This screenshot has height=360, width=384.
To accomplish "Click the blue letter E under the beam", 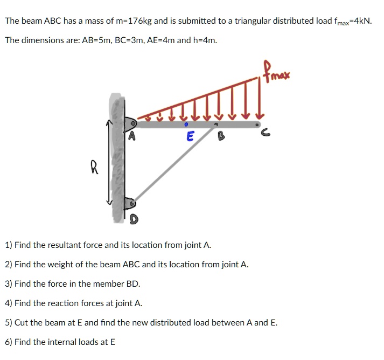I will tap(189, 137).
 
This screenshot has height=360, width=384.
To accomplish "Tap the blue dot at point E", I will tap(186, 124).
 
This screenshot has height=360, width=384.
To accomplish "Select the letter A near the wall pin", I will tap(131, 136).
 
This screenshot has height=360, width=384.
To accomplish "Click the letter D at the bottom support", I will tap(134, 218).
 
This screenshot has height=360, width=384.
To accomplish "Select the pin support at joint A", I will tap(131, 123).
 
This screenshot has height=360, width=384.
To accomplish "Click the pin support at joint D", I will tap(130, 204).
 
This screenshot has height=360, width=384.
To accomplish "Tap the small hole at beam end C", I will tap(257, 124).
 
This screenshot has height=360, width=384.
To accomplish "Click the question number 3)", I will tap(9, 283).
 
